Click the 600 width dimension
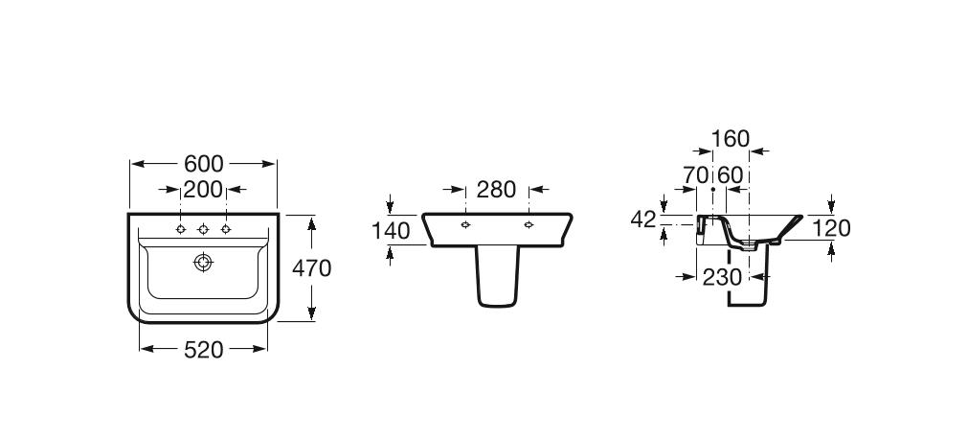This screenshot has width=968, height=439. pyautogui.click(x=203, y=164)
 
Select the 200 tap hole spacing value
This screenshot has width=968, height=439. pyautogui.click(x=203, y=189)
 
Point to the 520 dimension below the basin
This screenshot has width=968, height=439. pyautogui.click(x=203, y=350)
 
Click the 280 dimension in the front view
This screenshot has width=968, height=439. pyautogui.click(x=496, y=189)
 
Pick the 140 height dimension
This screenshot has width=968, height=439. pyautogui.click(x=391, y=230)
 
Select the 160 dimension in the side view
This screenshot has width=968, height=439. pyautogui.click(x=731, y=140)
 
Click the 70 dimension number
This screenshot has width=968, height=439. pyautogui.click(x=696, y=175)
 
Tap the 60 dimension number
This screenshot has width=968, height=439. pyautogui.click(x=731, y=175)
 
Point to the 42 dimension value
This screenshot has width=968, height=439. pyautogui.click(x=643, y=219)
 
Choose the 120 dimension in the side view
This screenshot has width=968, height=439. pyautogui.click(x=831, y=228)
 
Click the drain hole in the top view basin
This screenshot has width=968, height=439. pyautogui.click(x=203, y=262)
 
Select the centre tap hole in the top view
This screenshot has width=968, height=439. pyautogui.click(x=203, y=229)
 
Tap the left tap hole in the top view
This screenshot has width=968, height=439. pyautogui.click(x=180, y=229)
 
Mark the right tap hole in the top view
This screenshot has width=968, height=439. pyautogui.click(x=226, y=229)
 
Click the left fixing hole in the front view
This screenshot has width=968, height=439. pyautogui.click(x=464, y=225)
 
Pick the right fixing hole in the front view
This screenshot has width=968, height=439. pyautogui.click(x=529, y=225)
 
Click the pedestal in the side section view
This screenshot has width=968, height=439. pyautogui.click(x=747, y=283)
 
